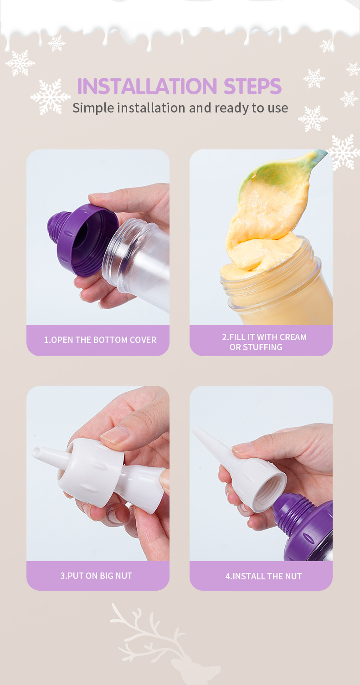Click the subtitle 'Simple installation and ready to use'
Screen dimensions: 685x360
pyautogui.click(x=180, y=108)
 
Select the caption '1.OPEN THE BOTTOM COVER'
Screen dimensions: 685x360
pyautogui.click(x=100, y=340)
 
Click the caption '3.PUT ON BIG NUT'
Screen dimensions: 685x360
pyautogui.click(x=96, y=576)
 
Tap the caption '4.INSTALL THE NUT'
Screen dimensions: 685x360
pyautogui.click(x=263, y=576)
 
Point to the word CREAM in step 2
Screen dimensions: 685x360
pyautogui.click(x=293, y=337)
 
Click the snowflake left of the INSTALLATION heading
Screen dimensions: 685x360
pyautogui.click(x=51, y=96)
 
